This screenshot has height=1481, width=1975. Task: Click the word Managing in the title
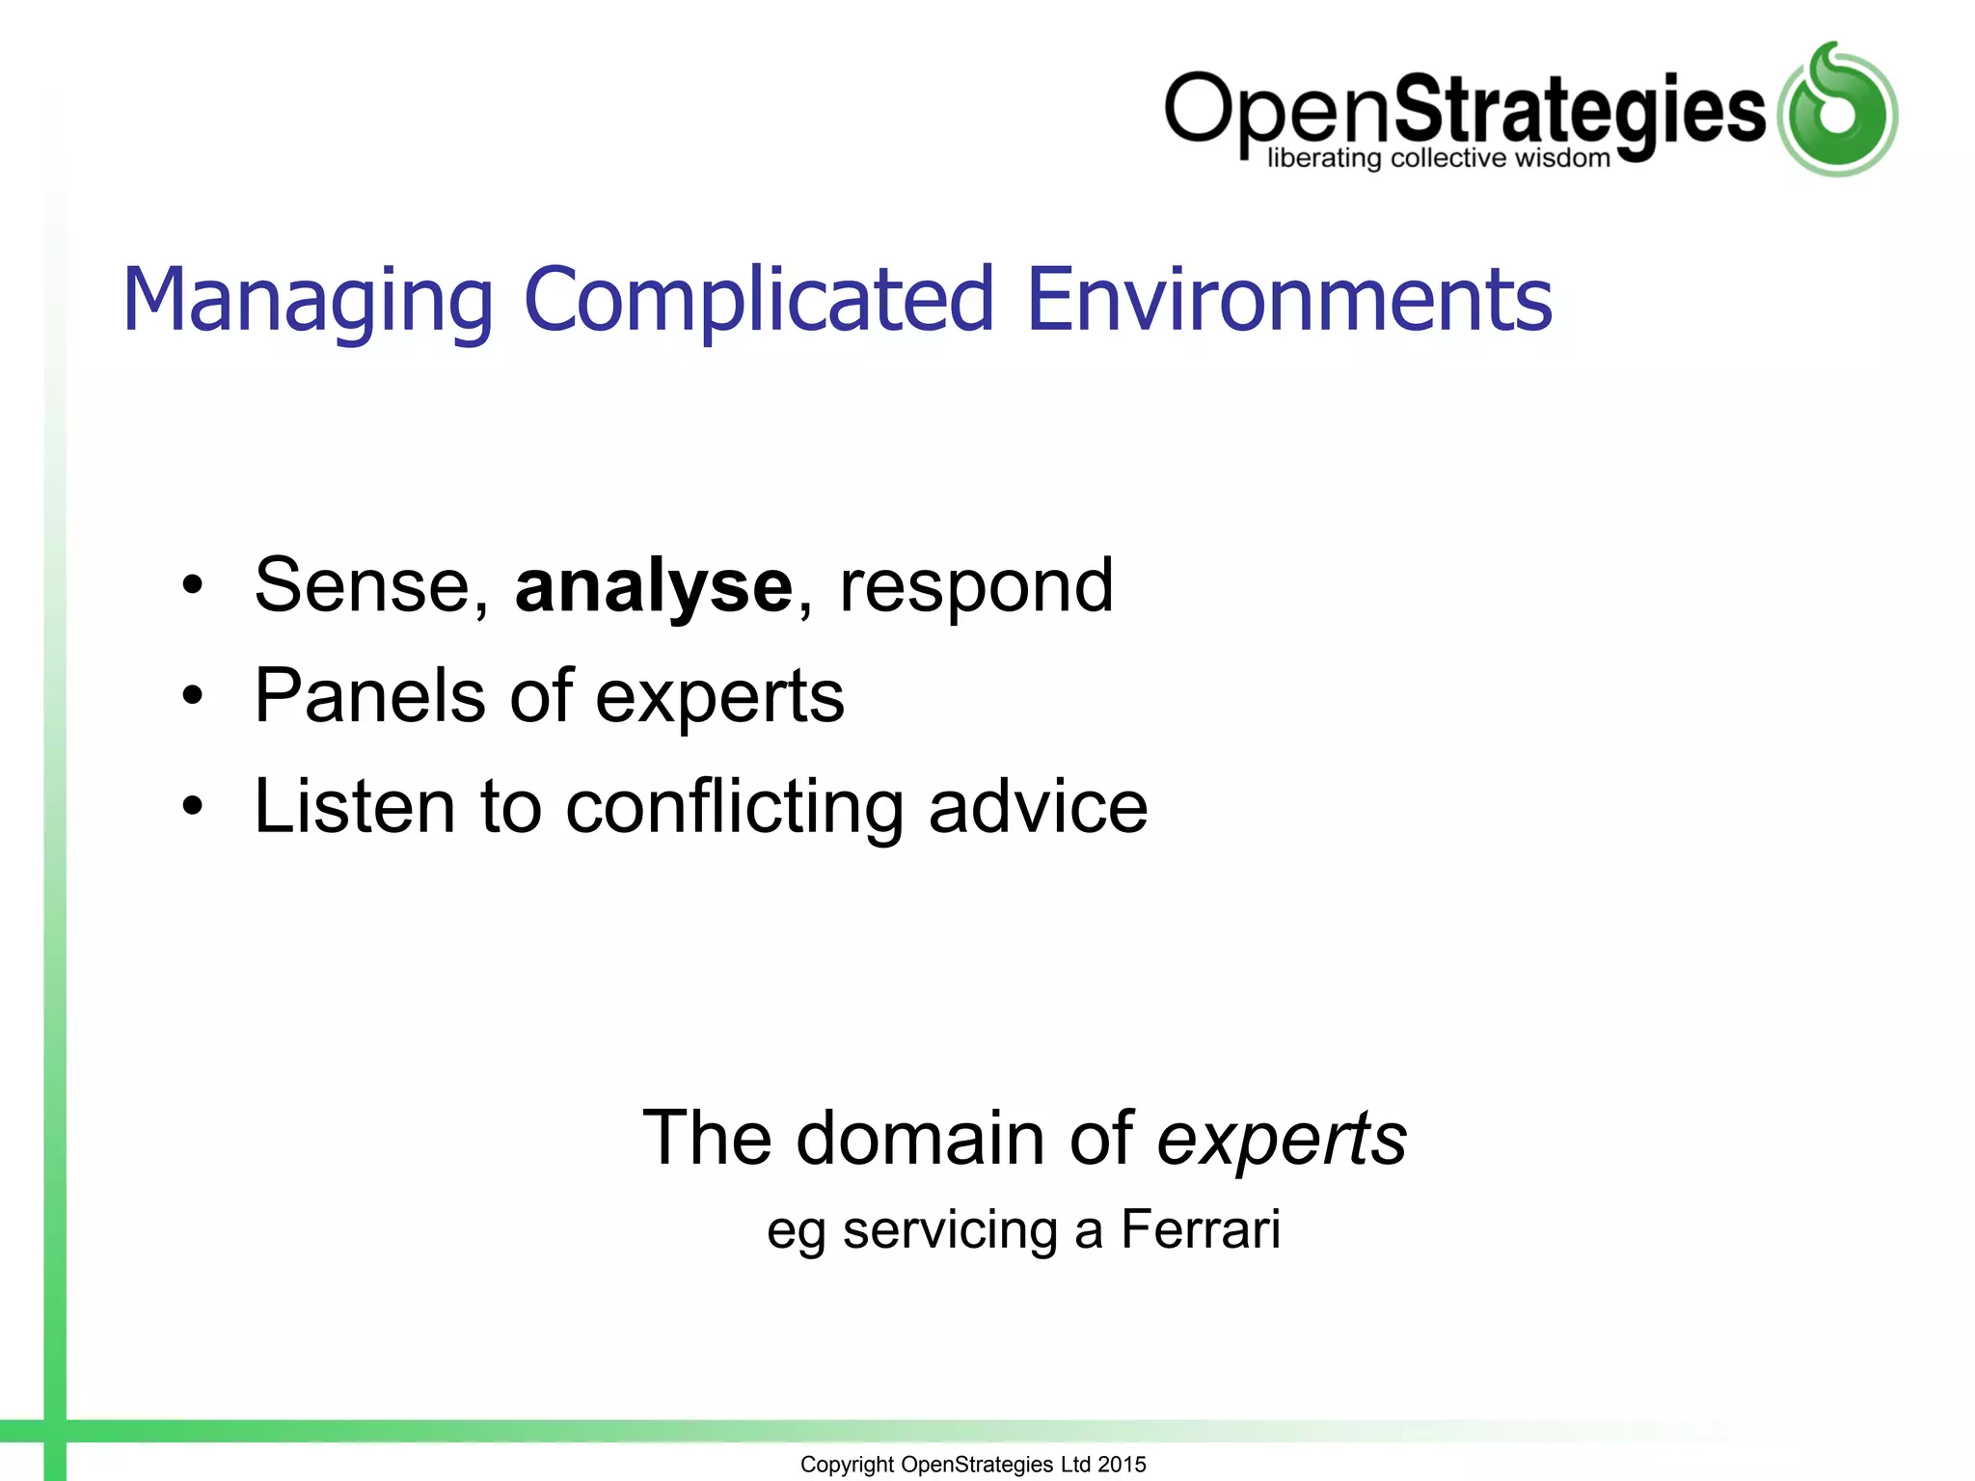coord(308,301)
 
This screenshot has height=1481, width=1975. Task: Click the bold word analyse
coord(653,587)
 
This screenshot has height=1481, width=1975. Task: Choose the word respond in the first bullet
coord(976,587)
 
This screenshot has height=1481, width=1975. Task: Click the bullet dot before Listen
coord(193,805)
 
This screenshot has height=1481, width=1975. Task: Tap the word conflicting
coord(734,807)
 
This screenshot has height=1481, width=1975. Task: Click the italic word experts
coord(1282,1140)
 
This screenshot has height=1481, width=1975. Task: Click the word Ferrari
coord(1201,1229)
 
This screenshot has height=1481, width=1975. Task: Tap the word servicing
coord(950,1231)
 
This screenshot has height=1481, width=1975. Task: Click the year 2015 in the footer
coord(1122,1464)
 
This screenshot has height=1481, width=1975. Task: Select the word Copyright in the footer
coord(847,1465)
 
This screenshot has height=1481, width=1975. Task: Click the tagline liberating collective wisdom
coord(1438,158)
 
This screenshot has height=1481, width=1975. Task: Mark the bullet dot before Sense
coord(193,585)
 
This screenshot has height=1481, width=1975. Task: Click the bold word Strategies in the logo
coord(1580,111)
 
